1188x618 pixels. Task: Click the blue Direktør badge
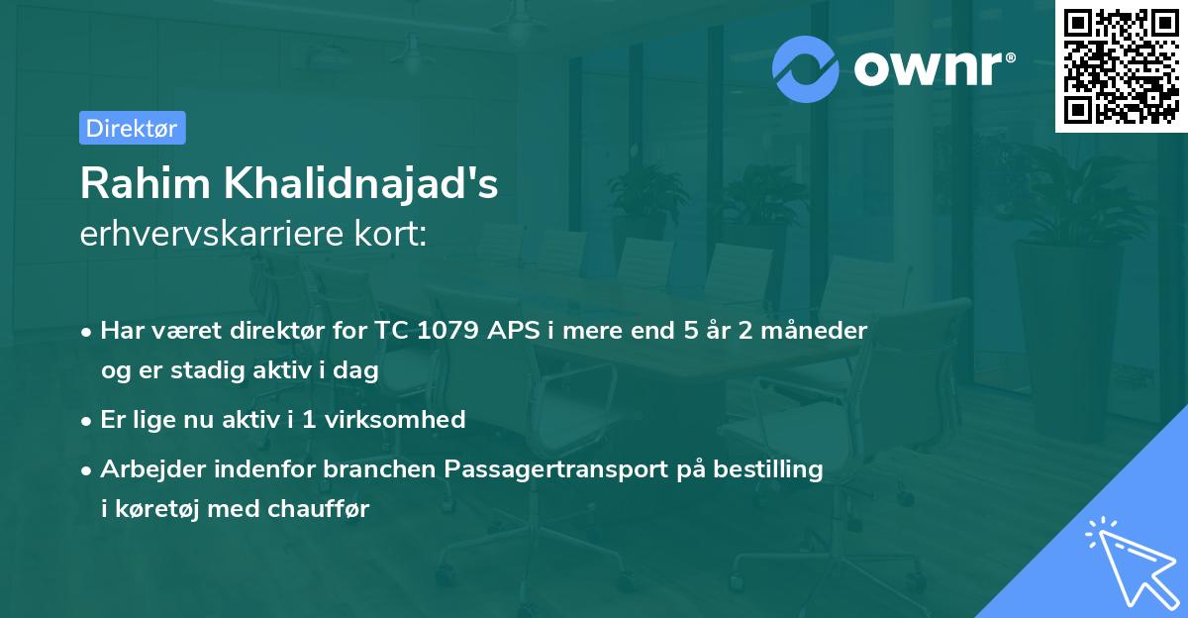tap(133, 128)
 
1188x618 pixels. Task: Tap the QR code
tap(1121, 66)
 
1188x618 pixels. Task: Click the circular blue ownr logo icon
tap(805, 69)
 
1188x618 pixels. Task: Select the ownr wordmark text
tap(935, 68)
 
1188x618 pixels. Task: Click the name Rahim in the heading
tap(146, 183)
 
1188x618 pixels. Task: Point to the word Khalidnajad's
tap(360, 183)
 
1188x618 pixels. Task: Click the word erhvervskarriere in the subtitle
tap(212, 234)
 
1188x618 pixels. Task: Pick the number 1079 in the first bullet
tap(447, 330)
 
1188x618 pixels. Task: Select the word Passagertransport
tap(555, 469)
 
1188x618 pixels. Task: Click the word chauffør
tap(318, 509)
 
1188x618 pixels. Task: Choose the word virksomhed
tap(395, 420)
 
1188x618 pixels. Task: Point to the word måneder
tap(814, 330)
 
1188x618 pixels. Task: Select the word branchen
tap(379, 468)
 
